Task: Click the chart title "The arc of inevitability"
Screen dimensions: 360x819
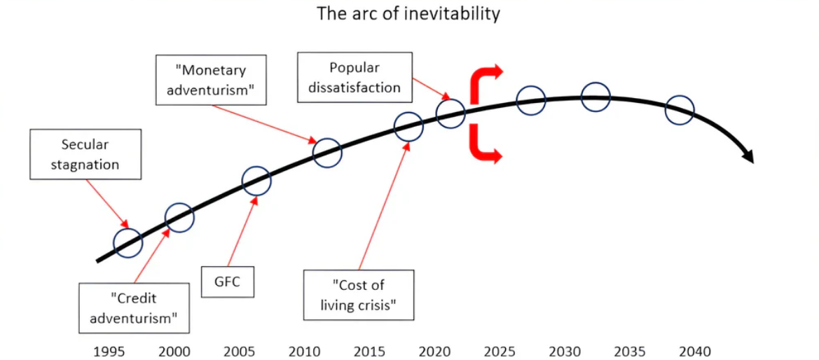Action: click(408, 13)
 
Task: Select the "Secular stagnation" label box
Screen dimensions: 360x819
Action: click(85, 155)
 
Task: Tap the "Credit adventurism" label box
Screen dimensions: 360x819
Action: click(134, 307)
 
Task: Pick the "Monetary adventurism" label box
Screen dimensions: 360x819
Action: click(211, 81)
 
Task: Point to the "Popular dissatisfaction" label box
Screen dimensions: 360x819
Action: click(354, 77)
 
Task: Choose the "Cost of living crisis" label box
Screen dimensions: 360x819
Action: click(358, 295)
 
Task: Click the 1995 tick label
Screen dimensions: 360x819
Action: click(110, 351)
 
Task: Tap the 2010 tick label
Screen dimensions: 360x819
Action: click(304, 351)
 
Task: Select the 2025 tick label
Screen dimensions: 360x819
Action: click(500, 351)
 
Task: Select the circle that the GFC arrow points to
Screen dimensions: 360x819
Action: click(256, 181)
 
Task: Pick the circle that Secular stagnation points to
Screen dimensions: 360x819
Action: click(128, 242)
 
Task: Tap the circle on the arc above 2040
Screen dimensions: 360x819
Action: click(680, 109)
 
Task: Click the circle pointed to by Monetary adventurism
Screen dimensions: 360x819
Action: click(327, 152)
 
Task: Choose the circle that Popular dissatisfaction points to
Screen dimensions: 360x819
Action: click(450, 113)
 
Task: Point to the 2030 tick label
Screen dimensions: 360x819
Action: click(564, 351)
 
